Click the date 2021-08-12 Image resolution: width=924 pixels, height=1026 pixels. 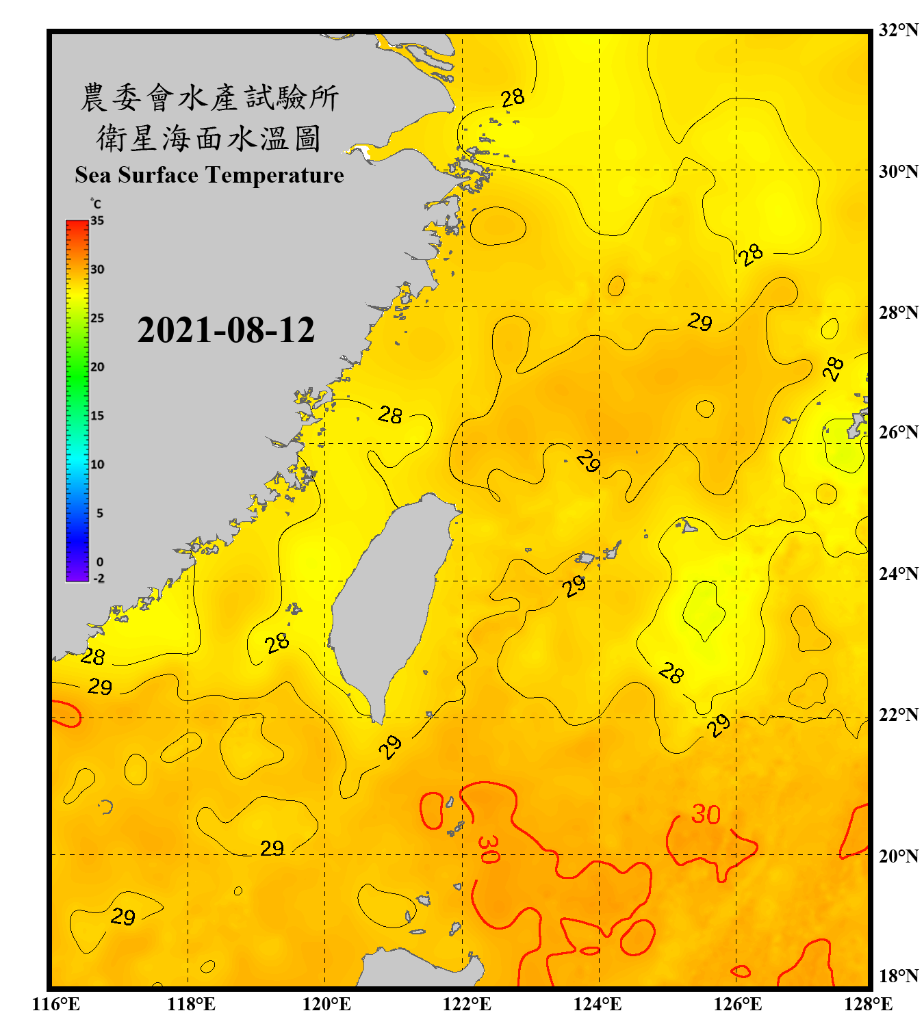(x=226, y=330)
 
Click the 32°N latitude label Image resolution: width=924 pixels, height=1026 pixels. (x=899, y=30)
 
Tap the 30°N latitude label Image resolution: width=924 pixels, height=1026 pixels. (x=899, y=171)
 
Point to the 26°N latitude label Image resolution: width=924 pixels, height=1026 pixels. (x=899, y=432)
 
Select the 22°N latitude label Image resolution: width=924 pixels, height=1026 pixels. (x=899, y=715)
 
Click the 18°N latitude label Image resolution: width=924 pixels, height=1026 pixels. (x=899, y=976)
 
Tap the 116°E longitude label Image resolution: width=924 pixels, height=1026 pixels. (x=56, y=1004)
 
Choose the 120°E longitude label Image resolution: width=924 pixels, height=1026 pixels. (x=326, y=1004)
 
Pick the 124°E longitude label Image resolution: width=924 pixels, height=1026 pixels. (x=598, y=1004)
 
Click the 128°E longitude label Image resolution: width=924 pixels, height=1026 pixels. (x=868, y=1004)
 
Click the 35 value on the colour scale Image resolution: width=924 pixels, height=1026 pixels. (x=97, y=221)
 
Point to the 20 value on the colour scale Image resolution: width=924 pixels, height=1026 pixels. (x=97, y=367)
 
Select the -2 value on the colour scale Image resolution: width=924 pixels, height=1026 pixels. (x=99, y=579)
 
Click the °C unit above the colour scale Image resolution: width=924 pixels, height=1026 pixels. (x=96, y=204)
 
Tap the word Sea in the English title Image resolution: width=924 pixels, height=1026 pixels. (x=93, y=176)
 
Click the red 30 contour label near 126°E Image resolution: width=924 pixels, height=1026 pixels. (x=706, y=815)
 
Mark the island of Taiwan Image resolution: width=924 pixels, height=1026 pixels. (x=387, y=602)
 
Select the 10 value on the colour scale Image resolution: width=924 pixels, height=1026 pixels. (x=97, y=464)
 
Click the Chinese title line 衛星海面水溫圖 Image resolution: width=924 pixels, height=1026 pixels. (x=209, y=139)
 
